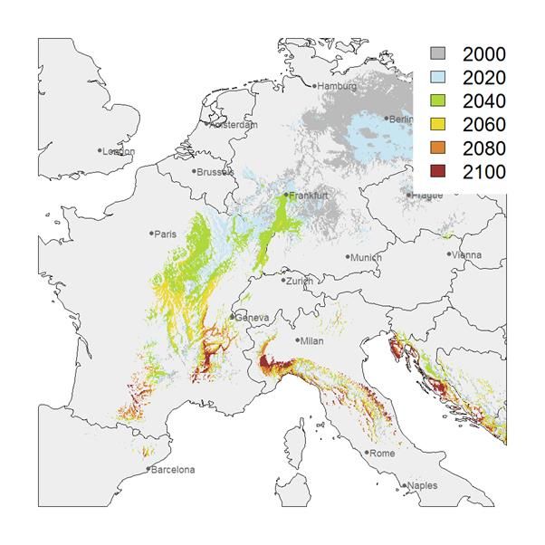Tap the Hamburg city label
point(337,86)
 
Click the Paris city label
point(165,234)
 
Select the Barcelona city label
point(173,470)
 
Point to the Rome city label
point(382,454)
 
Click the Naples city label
point(423,486)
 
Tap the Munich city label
point(367,257)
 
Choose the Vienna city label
point(468,254)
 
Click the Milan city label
point(312,341)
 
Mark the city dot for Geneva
point(233,317)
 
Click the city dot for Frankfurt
point(286,194)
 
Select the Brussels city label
point(215,171)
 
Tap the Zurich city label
point(300,281)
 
